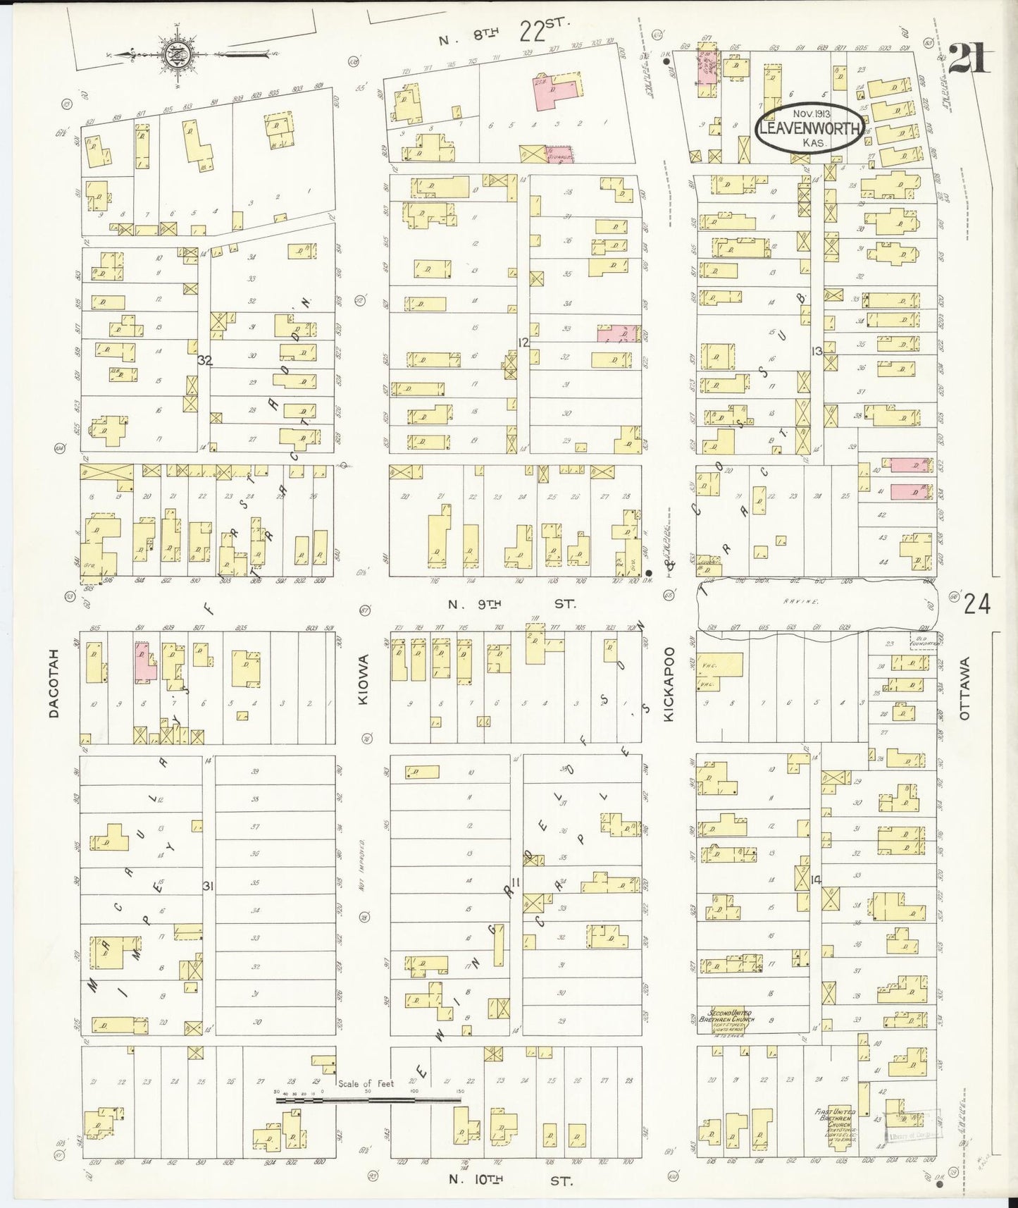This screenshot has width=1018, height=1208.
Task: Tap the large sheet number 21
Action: [x=969, y=58]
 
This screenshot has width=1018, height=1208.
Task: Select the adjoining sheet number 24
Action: [x=977, y=604]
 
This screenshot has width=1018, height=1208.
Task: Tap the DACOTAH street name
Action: [x=54, y=683]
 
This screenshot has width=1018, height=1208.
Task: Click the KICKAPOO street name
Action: [x=669, y=684]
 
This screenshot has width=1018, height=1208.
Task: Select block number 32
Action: [x=205, y=360]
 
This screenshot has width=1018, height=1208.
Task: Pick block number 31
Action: [x=208, y=886]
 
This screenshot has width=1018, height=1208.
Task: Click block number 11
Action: [x=515, y=882]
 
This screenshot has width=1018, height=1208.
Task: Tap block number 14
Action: [x=817, y=879]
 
